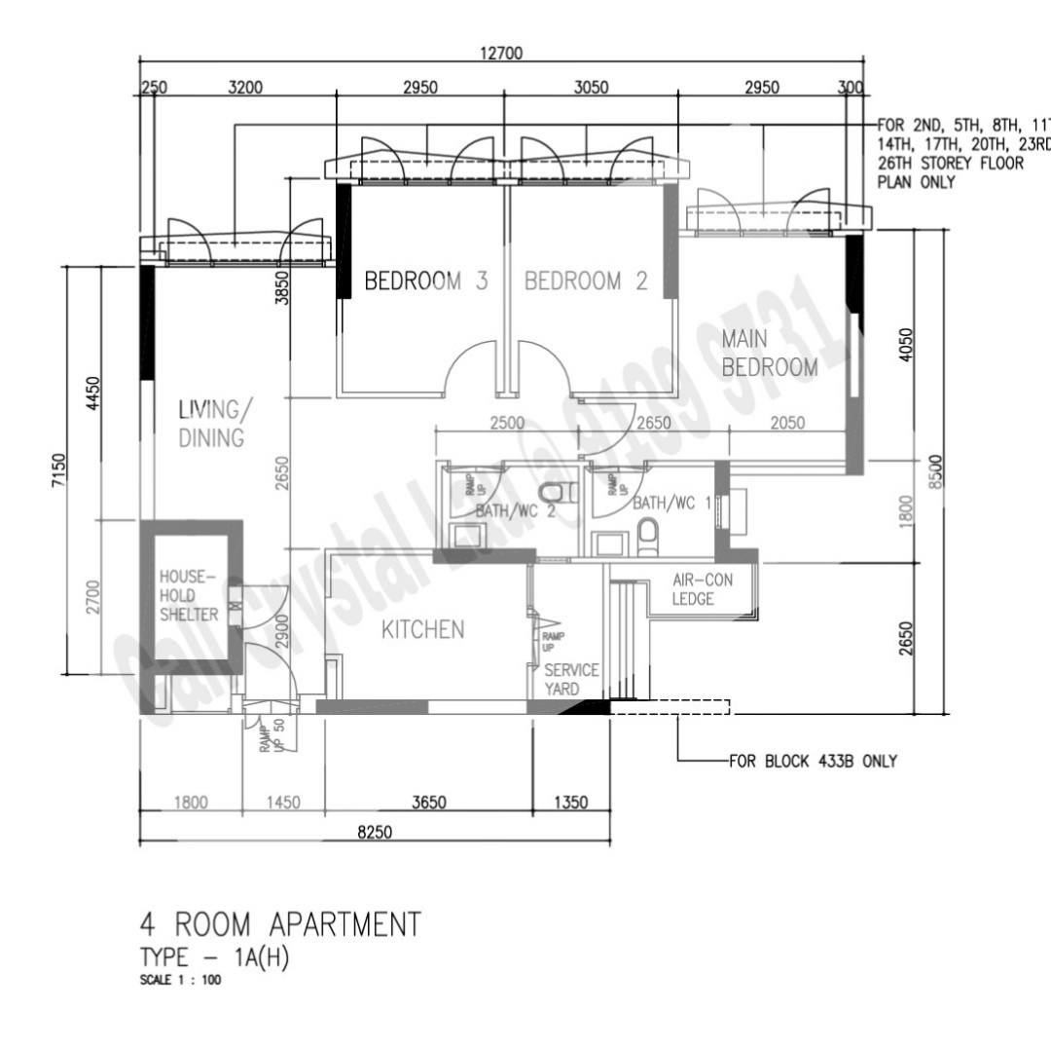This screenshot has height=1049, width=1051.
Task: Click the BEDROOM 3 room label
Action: click(x=425, y=281)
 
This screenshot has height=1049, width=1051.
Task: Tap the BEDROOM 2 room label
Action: click(x=586, y=281)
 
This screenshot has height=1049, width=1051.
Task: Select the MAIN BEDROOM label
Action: click(x=769, y=354)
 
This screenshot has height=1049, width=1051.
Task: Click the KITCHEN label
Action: click(x=422, y=630)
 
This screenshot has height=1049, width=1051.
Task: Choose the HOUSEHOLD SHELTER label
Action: click(x=190, y=596)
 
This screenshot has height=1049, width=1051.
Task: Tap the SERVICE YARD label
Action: click(x=571, y=680)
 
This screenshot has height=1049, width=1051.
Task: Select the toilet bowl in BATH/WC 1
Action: click(x=648, y=530)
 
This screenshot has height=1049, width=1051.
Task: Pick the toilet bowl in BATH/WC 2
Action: click(x=551, y=492)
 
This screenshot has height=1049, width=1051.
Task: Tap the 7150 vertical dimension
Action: click(x=57, y=471)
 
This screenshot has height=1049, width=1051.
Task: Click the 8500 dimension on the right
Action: click(x=935, y=471)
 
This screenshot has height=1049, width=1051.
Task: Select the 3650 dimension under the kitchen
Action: click(x=429, y=803)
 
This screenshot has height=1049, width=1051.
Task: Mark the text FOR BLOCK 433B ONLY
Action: click(x=813, y=761)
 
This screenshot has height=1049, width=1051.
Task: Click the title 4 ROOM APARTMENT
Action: click(x=281, y=923)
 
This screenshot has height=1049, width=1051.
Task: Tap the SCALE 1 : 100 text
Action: click(x=180, y=980)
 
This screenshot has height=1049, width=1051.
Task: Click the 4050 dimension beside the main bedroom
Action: click(x=906, y=345)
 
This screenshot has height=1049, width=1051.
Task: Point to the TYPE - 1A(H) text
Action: click(x=215, y=957)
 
